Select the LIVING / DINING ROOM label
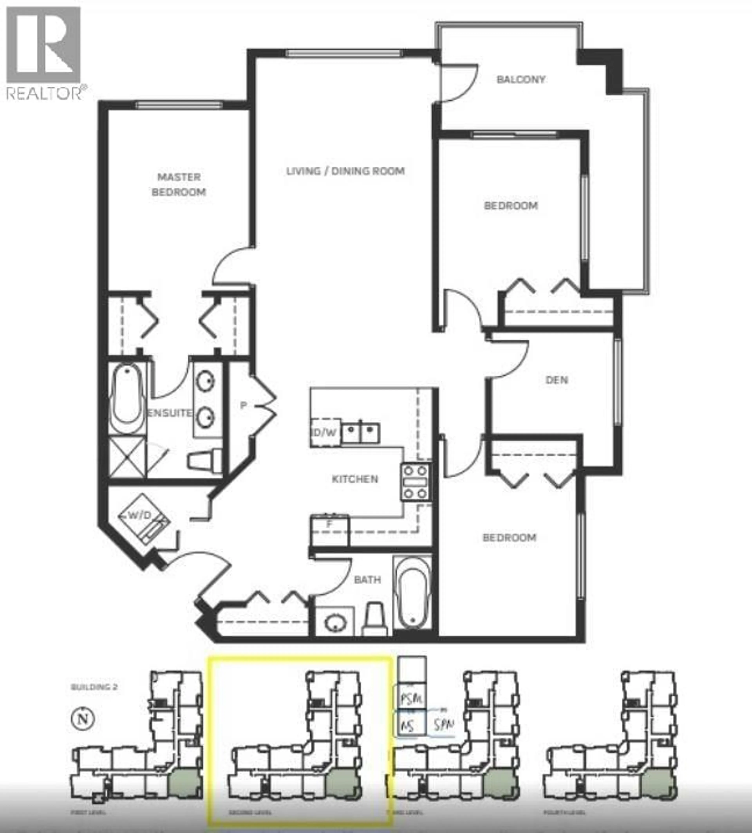[345, 171]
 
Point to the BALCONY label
[521, 79]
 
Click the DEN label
[557, 380]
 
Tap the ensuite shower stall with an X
[127, 457]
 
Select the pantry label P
[243, 406]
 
